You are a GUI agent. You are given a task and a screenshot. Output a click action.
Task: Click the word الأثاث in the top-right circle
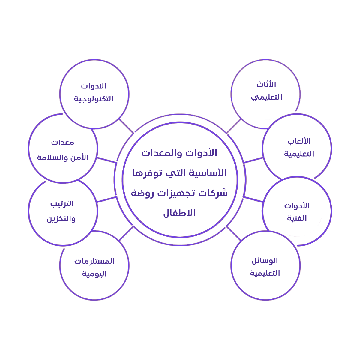(x=266, y=85)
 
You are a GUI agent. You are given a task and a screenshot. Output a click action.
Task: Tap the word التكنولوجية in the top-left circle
(x=94, y=99)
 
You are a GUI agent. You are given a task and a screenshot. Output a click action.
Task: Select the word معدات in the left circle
(x=63, y=142)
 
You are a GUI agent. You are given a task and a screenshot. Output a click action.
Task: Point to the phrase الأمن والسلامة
(x=63, y=157)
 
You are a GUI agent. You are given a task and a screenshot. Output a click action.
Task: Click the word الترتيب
(x=62, y=204)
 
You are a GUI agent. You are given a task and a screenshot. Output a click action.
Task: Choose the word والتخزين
(x=61, y=219)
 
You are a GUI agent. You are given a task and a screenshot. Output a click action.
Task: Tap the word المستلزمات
(x=94, y=261)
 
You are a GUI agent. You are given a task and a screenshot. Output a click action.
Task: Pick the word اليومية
(x=94, y=274)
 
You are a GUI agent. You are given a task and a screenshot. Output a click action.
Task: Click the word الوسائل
(x=265, y=261)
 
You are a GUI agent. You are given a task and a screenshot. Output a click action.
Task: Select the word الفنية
(x=297, y=218)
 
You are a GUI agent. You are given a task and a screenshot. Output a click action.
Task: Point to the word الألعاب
(x=299, y=141)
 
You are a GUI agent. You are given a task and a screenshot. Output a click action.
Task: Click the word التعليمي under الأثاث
(x=267, y=97)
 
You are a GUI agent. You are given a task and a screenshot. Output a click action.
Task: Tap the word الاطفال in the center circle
(x=179, y=213)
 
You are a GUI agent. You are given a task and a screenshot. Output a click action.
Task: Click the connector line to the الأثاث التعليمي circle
(x=234, y=126)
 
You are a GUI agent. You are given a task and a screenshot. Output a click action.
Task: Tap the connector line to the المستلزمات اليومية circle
(x=126, y=234)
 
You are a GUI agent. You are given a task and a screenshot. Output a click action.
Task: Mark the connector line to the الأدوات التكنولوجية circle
(x=126, y=126)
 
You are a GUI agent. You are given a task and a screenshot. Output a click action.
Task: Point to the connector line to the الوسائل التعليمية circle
(x=234, y=234)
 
